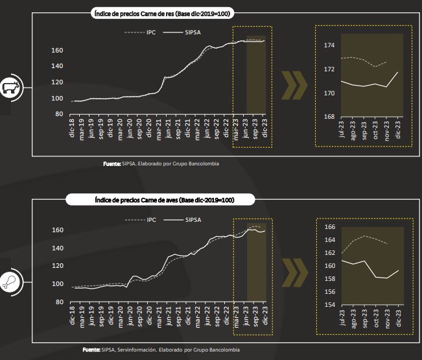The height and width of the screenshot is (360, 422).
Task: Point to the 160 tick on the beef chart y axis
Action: coord(56,51)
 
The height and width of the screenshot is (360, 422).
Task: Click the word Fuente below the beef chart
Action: coord(111,163)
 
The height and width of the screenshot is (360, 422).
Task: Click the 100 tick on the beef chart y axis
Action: coord(56,98)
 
